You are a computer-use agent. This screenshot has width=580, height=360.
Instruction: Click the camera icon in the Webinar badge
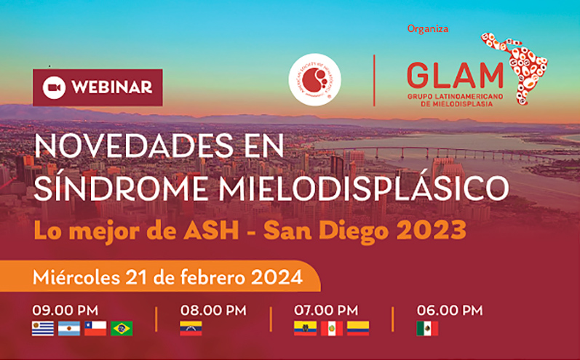[x=52, y=87]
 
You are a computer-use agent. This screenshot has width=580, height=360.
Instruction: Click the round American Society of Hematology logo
[x=314, y=79]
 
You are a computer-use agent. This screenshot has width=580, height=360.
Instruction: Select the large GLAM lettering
[x=455, y=74]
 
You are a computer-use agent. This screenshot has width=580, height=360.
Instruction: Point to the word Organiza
[x=428, y=29]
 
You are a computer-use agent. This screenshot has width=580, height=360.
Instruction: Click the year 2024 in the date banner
[x=277, y=276]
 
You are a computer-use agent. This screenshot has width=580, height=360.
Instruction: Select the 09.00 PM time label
[x=65, y=310]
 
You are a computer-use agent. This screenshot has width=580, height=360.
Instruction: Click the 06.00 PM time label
[x=449, y=310]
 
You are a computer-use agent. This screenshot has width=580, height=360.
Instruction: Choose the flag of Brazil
[x=122, y=329]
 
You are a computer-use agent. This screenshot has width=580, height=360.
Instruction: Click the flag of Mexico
[x=427, y=329]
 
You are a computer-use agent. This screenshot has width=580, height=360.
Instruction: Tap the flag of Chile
[x=95, y=329]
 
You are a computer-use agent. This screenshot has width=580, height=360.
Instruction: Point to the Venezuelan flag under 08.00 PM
[x=191, y=329]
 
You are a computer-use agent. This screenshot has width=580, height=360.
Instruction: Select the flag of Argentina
[x=69, y=329]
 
